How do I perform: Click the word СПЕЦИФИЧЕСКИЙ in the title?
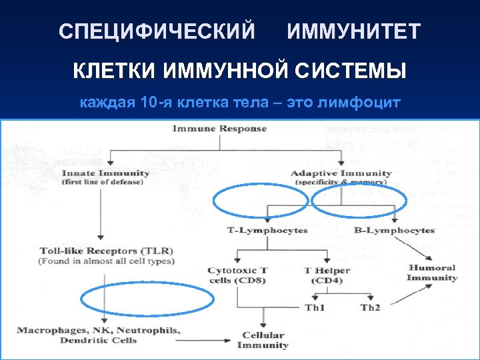click(157, 31)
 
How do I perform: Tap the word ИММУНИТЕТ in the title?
click(354, 31)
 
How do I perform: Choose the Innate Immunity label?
click(105, 173)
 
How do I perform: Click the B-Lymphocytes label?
click(394, 230)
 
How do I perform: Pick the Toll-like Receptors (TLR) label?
click(107, 251)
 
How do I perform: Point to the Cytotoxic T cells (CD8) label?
click(238, 275)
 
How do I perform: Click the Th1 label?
click(315, 307)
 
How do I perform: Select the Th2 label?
click(370, 307)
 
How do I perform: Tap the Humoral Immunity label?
click(432, 272)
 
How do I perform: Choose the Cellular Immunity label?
click(263, 340)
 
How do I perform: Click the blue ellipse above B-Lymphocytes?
click(359, 201)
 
